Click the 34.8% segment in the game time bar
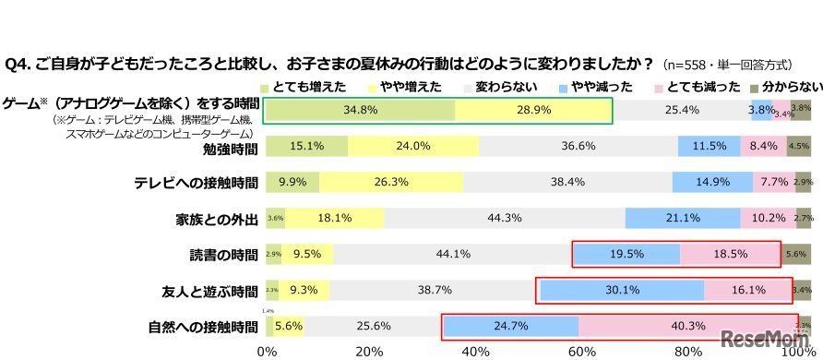pyautogui.click(x=360, y=110)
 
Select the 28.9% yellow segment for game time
pyautogui.click(x=532, y=110)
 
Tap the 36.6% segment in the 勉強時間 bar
pyautogui.click(x=578, y=147)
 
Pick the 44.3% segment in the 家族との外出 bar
pyautogui.click(x=504, y=219)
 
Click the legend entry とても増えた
pyautogui.click(x=304, y=87)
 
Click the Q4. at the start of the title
pyautogui.click(x=20, y=65)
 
